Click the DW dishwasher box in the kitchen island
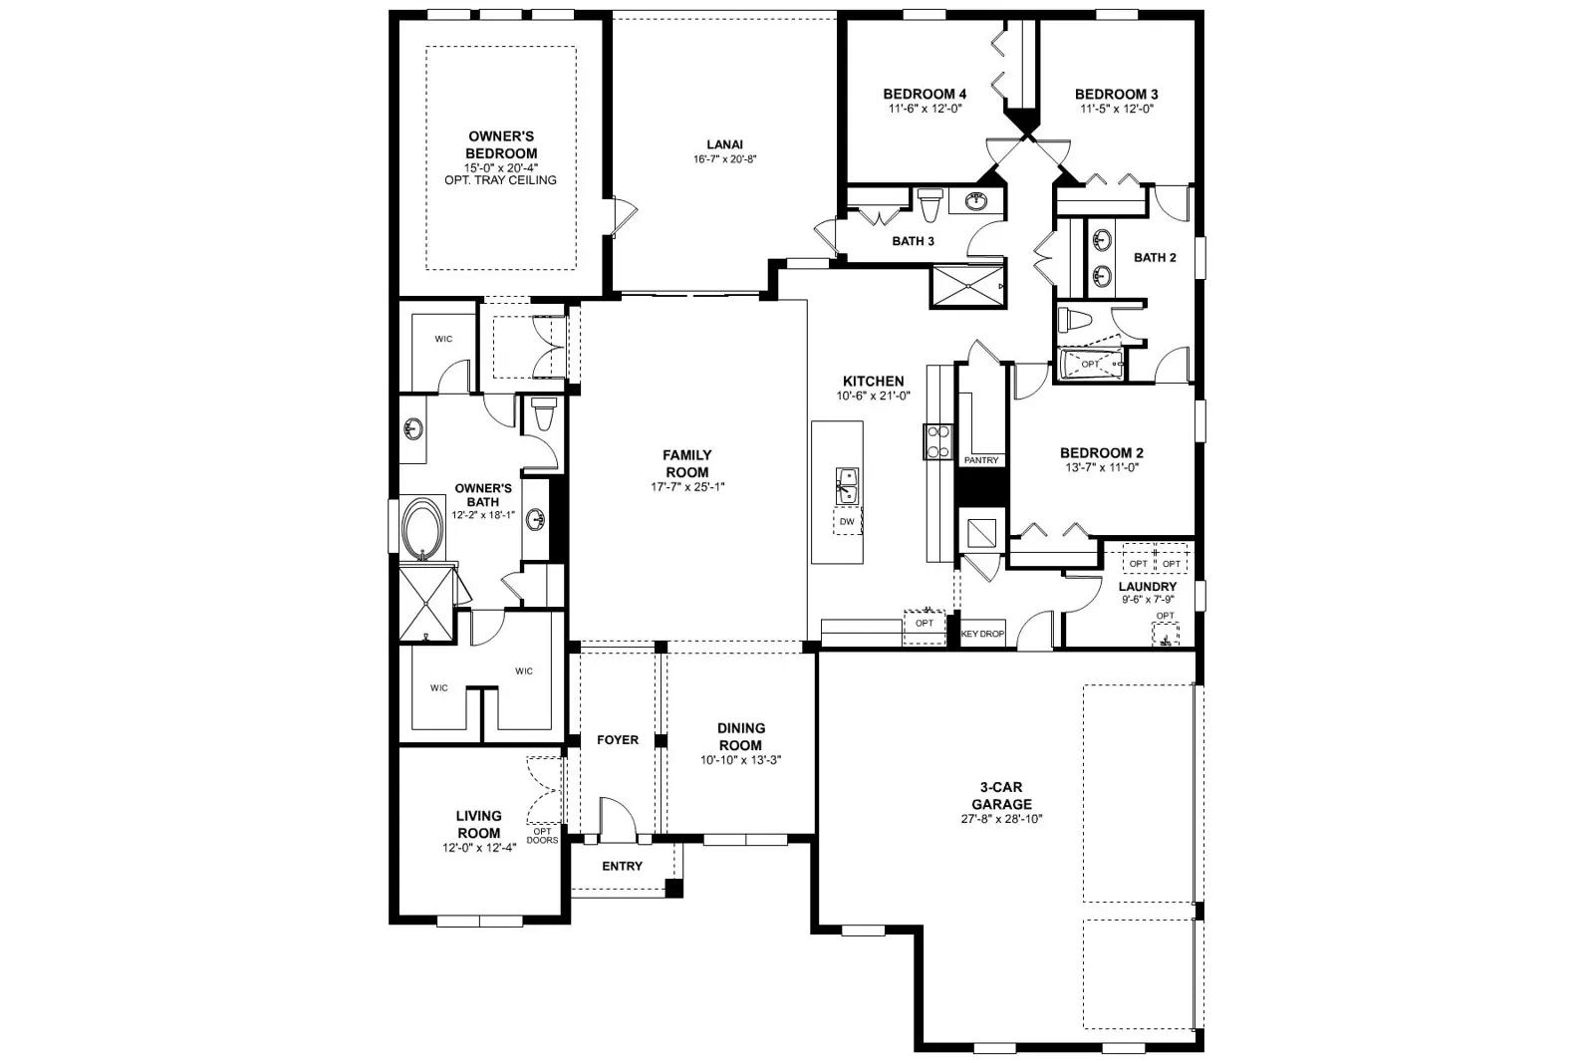point(847,522)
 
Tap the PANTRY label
point(981,460)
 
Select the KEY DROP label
point(982,634)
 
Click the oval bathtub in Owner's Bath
point(422,530)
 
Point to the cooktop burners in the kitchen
point(938,441)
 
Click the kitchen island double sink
point(846,486)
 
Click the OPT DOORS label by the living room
point(542,835)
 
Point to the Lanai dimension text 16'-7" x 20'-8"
point(724,159)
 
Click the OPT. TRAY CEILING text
point(500,180)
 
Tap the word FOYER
point(618,740)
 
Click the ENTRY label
point(622,866)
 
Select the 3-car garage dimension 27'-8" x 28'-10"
point(1002,819)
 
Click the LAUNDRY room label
point(1147,586)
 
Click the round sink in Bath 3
point(978,201)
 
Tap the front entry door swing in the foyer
point(618,818)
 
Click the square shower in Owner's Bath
point(426,603)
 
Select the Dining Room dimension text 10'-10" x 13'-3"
point(741,760)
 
